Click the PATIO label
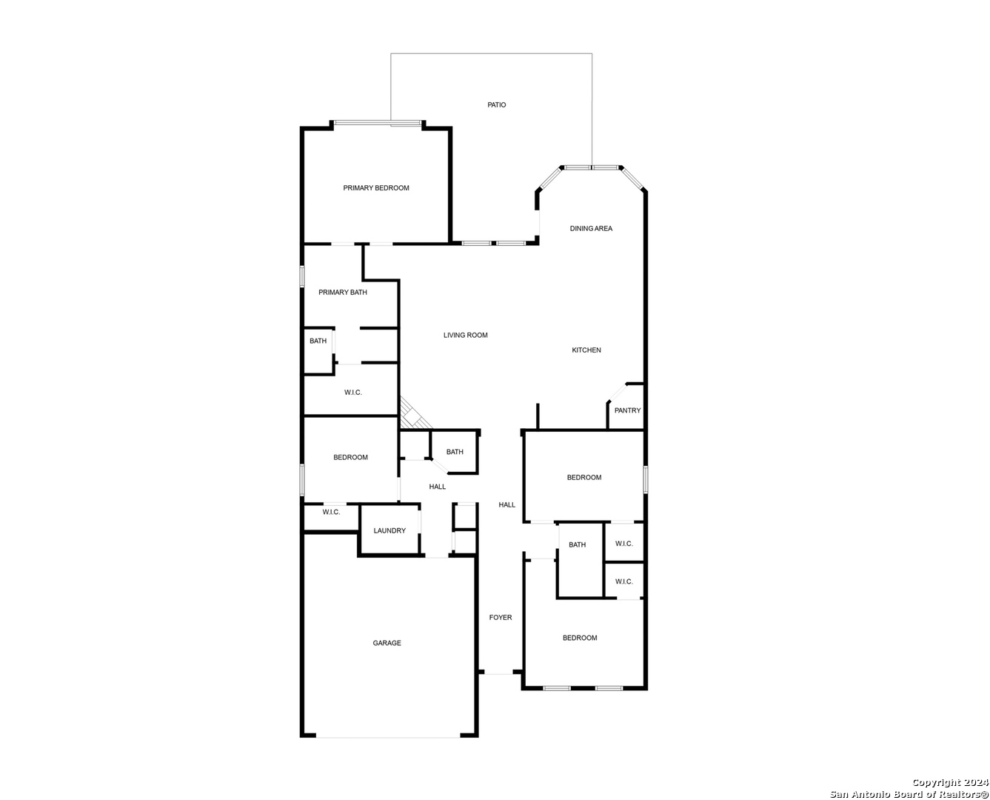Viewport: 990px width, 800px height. (x=496, y=105)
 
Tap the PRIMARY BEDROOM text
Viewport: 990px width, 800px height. (x=376, y=188)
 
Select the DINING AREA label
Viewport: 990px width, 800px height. (x=591, y=228)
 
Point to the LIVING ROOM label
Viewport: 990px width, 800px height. (x=465, y=335)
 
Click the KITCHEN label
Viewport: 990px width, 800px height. (x=586, y=350)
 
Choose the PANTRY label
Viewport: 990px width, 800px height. (x=627, y=410)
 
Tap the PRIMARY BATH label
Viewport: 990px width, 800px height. (x=343, y=293)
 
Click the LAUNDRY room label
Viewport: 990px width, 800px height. (x=389, y=530)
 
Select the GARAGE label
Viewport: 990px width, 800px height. (x=387, y=643)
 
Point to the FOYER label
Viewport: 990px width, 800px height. (x=501, y=617)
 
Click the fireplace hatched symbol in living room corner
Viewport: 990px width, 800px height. (x=414, y=413)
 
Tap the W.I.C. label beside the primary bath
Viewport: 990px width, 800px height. (x=352, y=393)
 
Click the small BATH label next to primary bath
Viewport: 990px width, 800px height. (x=318, y=341)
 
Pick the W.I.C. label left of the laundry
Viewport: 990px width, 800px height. (x=332, y=513)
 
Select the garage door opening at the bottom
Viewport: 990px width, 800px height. (x=388, y=737)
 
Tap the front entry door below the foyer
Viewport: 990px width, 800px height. (x=499, y=672)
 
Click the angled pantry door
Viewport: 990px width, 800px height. (x=618, y=393)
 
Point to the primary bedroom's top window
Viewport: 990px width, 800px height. (x=378, y=123)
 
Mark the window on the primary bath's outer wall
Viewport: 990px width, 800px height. (x=302, y=276)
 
